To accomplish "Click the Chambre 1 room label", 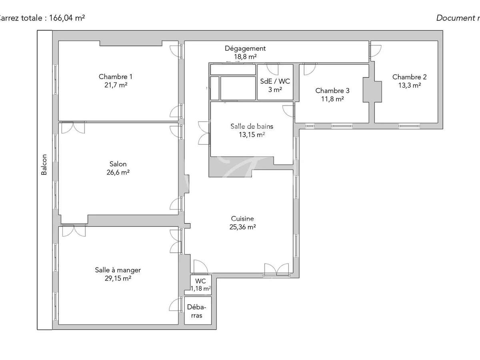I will (x=115, y=77).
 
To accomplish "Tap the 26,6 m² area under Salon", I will (x=118, y=172).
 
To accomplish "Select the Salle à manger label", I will (x=118, y=270).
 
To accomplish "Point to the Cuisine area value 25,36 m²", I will (x=243, y=227).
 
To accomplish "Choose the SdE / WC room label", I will (x=275, y=81).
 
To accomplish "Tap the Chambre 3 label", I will (x=329, y=90).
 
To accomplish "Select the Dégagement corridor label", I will (x=245, y=48).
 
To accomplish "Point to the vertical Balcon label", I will (x=44, y=164).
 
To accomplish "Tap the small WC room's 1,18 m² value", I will (x=201, y=288).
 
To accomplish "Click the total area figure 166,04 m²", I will (x=67, y=18).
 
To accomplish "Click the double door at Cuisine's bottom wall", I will (x=276, y=270).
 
